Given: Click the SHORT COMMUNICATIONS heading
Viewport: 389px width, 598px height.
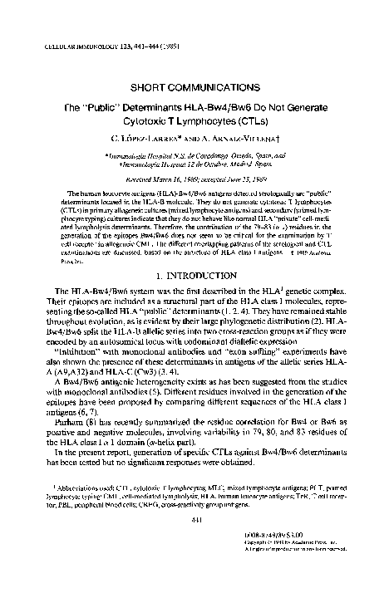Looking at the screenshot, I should pos(195,86).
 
